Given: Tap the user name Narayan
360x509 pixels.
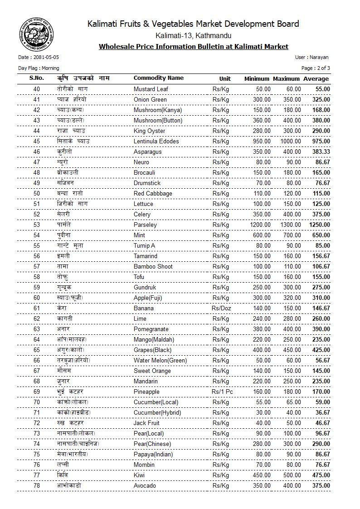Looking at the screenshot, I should pyautogui.click(x=318, y=58).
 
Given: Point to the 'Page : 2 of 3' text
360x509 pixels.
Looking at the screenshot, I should pyautogui.click(x=316, y=68).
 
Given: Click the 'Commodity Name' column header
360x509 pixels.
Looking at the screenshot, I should pyautogui.click(x=158, y=78).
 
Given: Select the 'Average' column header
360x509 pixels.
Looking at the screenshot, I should pyautogui.click(x=316, y=78).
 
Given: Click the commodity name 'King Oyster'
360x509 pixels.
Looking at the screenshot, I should pyautogui.click(x=149, y=131).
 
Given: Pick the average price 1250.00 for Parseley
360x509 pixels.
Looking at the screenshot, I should pyautogui.click(x=319, y=225).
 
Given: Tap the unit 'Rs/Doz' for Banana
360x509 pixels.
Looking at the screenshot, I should pyautogui.click(x=221, y=308).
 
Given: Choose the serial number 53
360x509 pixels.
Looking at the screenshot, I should pyautogui.click(x=37, y=225).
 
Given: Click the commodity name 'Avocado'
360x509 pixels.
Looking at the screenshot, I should pyautogui.click(x=145, y=485).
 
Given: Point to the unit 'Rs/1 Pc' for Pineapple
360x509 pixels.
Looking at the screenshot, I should pyautogui.click(x=221, y=392).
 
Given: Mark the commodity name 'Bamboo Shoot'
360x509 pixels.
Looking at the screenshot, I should pyautogui.click(x=153, y=266).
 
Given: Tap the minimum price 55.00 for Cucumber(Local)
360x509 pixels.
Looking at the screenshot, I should pyautogui.click(x=263, y=402).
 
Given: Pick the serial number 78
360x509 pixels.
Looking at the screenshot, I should pyautogui.click(x=37, y=485).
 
